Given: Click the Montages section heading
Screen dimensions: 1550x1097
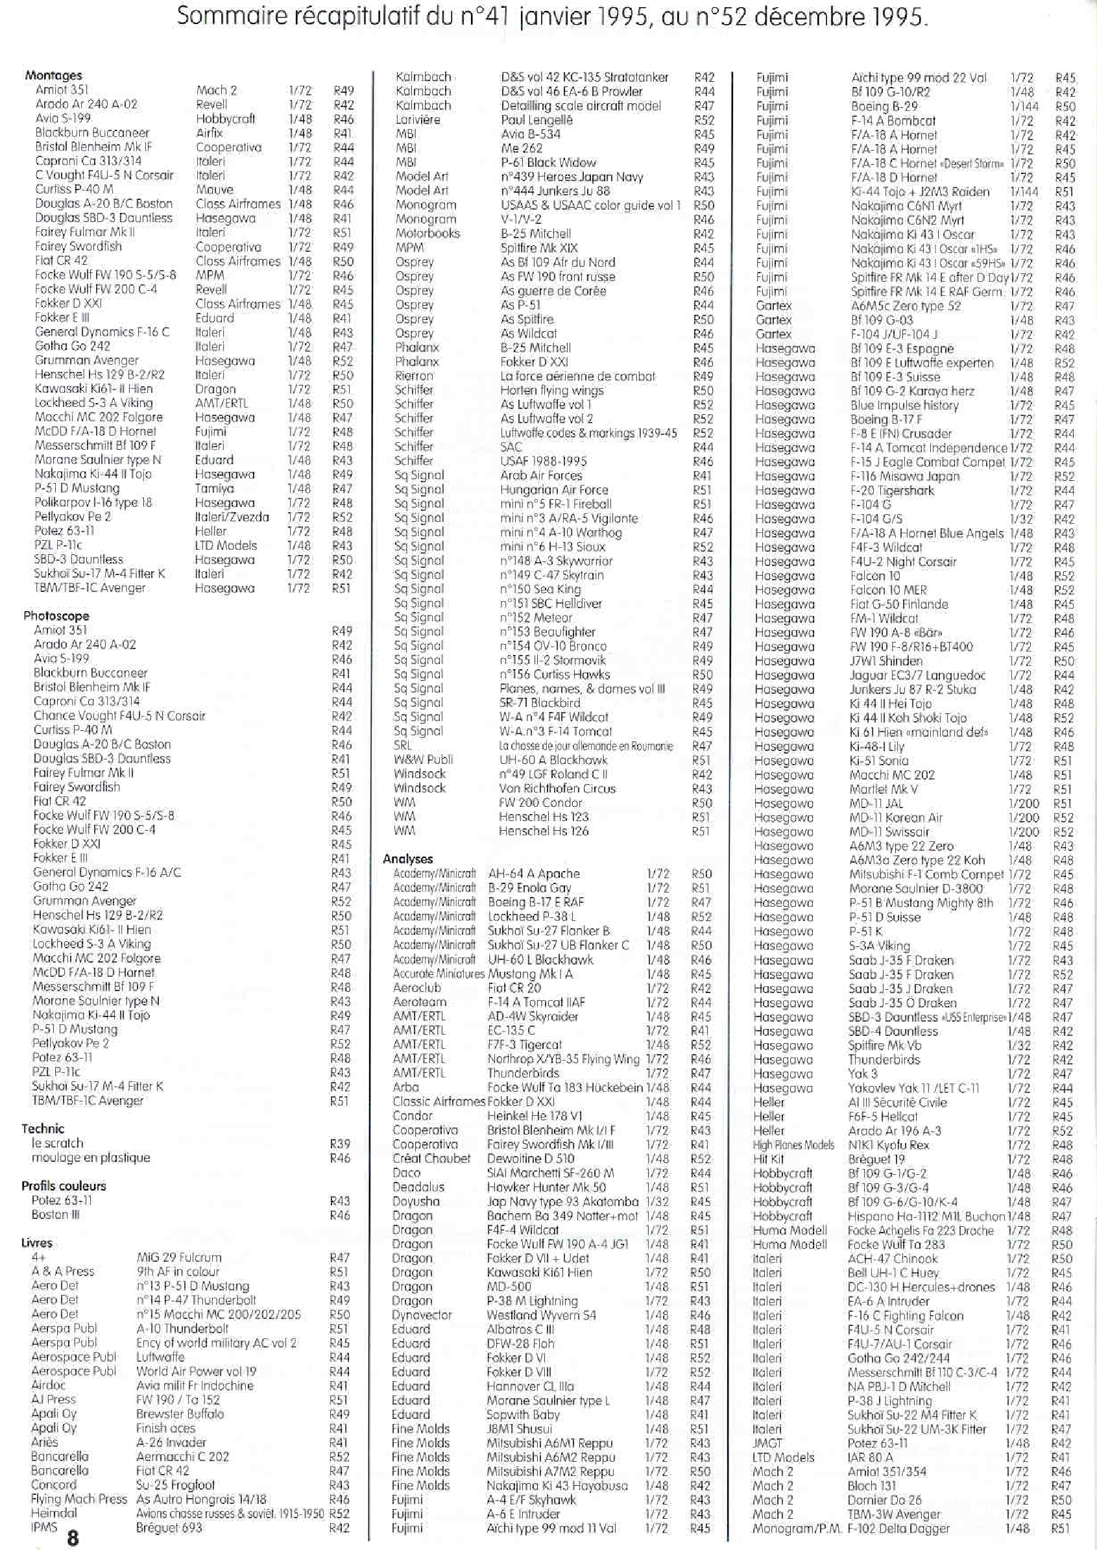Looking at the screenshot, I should (53, 76).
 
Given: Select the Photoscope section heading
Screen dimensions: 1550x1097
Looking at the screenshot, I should (56, 615).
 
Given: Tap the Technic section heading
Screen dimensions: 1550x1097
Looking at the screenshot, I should (43, 1128).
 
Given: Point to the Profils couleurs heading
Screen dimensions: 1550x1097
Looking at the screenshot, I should (64, 1186).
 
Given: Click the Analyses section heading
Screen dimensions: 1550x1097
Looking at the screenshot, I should (407, 859).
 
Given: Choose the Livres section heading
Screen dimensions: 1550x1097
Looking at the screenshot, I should (36, 1243).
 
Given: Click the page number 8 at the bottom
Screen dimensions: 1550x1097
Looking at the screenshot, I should (72, 1538).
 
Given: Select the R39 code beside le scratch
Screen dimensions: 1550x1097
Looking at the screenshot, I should (340, 1144).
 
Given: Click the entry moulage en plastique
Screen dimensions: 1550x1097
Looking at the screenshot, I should (91, 1157).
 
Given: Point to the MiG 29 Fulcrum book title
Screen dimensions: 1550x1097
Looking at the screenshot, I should (178, 1257).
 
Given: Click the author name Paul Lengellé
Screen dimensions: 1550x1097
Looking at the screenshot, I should (536, 119).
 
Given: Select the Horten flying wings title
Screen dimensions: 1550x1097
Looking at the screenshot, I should (552, 390).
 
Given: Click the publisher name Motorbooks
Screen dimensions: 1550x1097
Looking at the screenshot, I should (427, 234).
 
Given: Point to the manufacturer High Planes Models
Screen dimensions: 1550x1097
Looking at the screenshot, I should (793, 1144).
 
